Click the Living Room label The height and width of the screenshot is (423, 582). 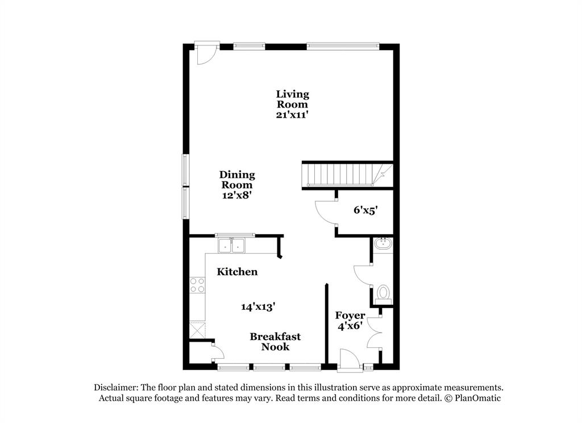point(293,99)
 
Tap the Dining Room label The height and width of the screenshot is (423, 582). point(237,180)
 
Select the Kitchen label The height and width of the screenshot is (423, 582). point(237,272)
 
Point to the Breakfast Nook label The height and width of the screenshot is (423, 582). point(275,342)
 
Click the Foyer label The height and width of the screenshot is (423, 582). point(350,316)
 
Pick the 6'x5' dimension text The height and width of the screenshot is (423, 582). point(365,210)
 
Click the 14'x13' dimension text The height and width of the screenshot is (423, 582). point(258,306)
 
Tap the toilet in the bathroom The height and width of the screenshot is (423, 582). point(383,293)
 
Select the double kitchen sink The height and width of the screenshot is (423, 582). point(232,246)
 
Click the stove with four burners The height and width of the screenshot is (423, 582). point(197,285)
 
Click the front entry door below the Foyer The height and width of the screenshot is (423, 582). point(349,361)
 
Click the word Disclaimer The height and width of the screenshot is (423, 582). point(117,387)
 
